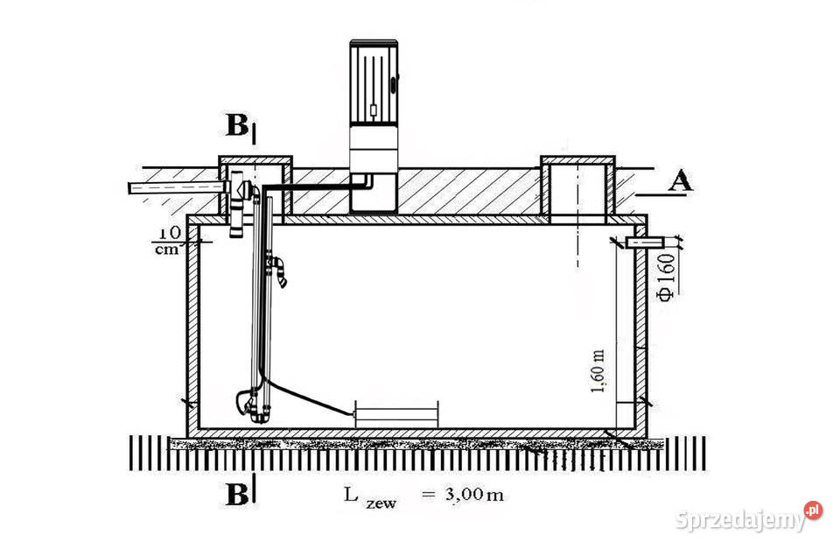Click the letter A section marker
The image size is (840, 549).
681,181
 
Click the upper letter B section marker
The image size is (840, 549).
237,125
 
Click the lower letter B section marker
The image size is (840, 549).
237,496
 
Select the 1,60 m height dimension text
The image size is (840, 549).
598,371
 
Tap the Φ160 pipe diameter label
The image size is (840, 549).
667,278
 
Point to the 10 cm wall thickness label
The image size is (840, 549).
168,241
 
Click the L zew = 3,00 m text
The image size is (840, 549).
423,496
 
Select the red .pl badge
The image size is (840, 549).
813,510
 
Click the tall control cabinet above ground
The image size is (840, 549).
374,128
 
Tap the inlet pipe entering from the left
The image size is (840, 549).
176,187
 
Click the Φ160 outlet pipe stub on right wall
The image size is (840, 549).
645,243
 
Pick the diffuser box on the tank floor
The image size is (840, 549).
396,415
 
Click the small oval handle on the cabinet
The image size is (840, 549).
395,85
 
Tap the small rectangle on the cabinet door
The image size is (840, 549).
374,110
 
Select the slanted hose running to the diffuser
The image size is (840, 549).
309,398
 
